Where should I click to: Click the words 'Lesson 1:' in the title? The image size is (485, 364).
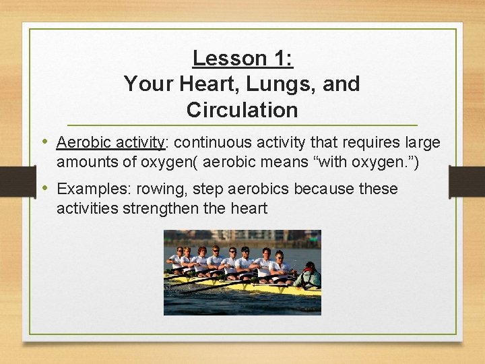coord(243,59)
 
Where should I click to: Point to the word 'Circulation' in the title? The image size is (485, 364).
coord(243,110)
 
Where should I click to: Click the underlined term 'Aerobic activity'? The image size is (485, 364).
coord(111,143)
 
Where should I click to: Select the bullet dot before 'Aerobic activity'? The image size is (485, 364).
coord(44,142)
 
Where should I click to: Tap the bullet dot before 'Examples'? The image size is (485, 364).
coord(44,188)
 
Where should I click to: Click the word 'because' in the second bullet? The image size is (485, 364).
coord(325,189)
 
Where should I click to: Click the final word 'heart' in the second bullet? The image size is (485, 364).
coord(249,208)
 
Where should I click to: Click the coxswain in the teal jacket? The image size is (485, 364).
coord(308,275)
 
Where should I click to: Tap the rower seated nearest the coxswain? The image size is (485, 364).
coord(280,264)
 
